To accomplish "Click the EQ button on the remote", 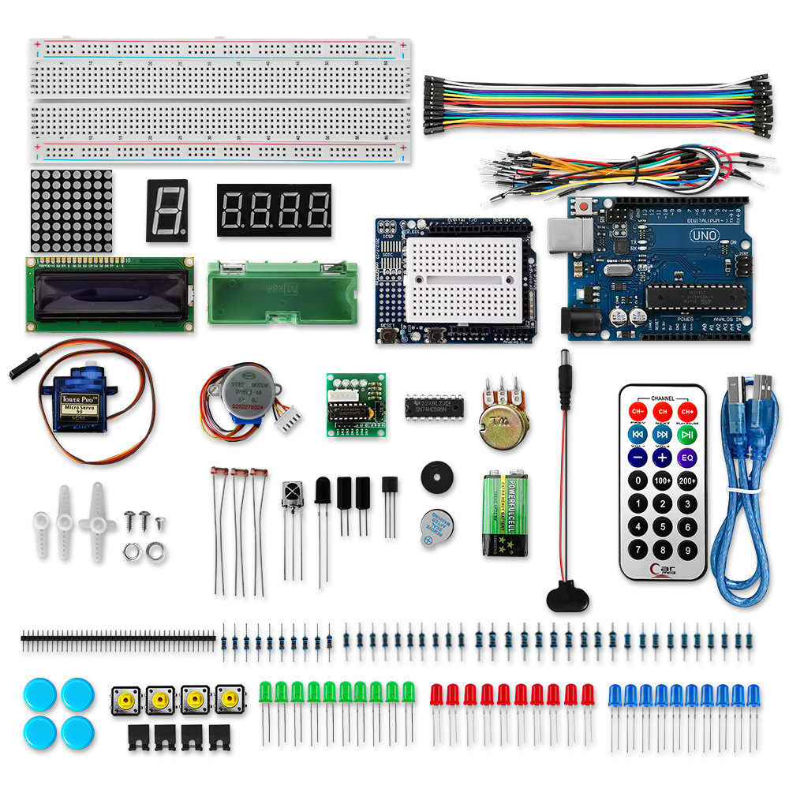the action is [x=687, y=456].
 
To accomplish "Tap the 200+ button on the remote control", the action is [x=687, y=480].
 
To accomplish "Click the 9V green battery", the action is [x=505, y=514].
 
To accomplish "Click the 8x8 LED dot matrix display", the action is [x=71, y=210].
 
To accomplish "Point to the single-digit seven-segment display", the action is [x=167, y=211].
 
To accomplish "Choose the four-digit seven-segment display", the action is [x=274, y=211].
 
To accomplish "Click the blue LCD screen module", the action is [x=110, y=293].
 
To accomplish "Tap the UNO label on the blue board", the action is [x=702, y=235].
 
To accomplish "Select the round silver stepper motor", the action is [x=244, y=391].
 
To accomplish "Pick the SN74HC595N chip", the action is [x=435, y=407].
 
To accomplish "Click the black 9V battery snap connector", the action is [x=567, y=596].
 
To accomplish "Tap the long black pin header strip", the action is [x=118, y=636].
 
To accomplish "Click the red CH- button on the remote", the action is [x=638, y=412].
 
